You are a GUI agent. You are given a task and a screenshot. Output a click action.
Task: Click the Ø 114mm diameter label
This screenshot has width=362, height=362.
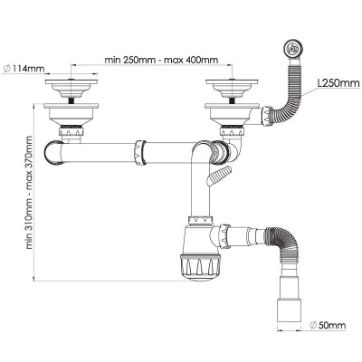(x=23, y=69)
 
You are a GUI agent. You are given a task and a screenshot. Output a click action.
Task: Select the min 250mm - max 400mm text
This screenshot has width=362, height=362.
(x=161, y=60)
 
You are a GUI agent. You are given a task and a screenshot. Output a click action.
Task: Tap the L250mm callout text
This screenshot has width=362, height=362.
(x=338, y=82)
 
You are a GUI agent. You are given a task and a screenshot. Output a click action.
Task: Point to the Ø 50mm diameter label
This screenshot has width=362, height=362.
(x=328, y=325)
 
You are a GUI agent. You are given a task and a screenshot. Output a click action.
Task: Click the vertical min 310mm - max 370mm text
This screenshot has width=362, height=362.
(x=29, y=193)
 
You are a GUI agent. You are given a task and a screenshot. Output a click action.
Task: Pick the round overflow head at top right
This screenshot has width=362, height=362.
(x=292, y=48)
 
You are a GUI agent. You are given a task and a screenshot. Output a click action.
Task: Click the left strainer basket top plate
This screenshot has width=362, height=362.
(x=71, y=81)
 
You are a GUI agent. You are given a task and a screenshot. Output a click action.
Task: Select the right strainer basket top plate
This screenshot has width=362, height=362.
(x=232, y=81)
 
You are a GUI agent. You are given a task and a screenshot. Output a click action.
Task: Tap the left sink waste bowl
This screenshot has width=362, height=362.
(x=71, y=114)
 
